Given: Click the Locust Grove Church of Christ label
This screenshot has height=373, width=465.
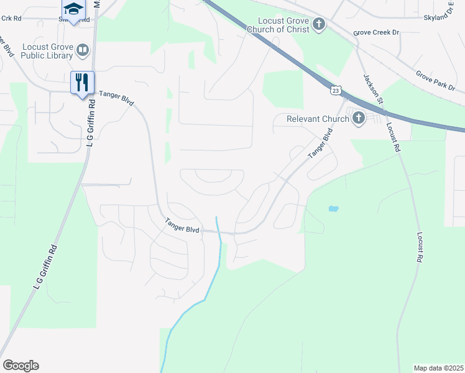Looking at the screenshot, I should coord(278,25).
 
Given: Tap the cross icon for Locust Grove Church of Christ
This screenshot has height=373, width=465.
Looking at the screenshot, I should coord(319,24).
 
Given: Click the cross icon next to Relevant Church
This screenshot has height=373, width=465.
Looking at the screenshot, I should coord(358,118).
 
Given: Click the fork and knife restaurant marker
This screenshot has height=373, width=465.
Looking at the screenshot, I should coord(82,81).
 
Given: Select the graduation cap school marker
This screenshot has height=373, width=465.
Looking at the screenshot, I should coord(73,9).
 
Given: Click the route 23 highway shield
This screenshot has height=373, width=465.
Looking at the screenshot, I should coord(336,91).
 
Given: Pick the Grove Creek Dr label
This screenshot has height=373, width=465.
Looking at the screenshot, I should coord(375,32).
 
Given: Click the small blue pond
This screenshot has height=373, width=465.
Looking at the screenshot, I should coord(333,209).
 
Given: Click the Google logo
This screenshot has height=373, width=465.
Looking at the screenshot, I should coord(21,366).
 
